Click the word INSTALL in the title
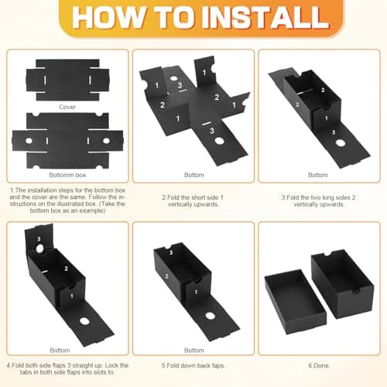[x=267, y=17]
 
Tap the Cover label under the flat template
[x=67, y=107]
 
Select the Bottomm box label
[x=67, y=175]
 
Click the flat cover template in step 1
[x=67, y=80]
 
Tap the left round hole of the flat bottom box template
[x=29, y=141]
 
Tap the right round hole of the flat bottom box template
[x=106, y=141]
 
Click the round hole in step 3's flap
[x=339, y=143]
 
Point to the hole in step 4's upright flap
[x=39, y=248]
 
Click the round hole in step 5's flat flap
[x=210, y=316]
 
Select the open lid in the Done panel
[x=296, y=301]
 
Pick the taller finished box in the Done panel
[x=343, y=283]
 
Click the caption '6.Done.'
[x=319, y=365]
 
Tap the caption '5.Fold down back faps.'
[x=193, y=365]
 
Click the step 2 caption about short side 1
[x=193, y=201]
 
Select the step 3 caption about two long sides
[x=319, y=201]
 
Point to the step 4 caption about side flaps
[x=67, y=369]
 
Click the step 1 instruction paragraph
[x=67, y=200]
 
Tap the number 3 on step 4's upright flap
[x=39, y=239]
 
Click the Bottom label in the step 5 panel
[x=194, y=351]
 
